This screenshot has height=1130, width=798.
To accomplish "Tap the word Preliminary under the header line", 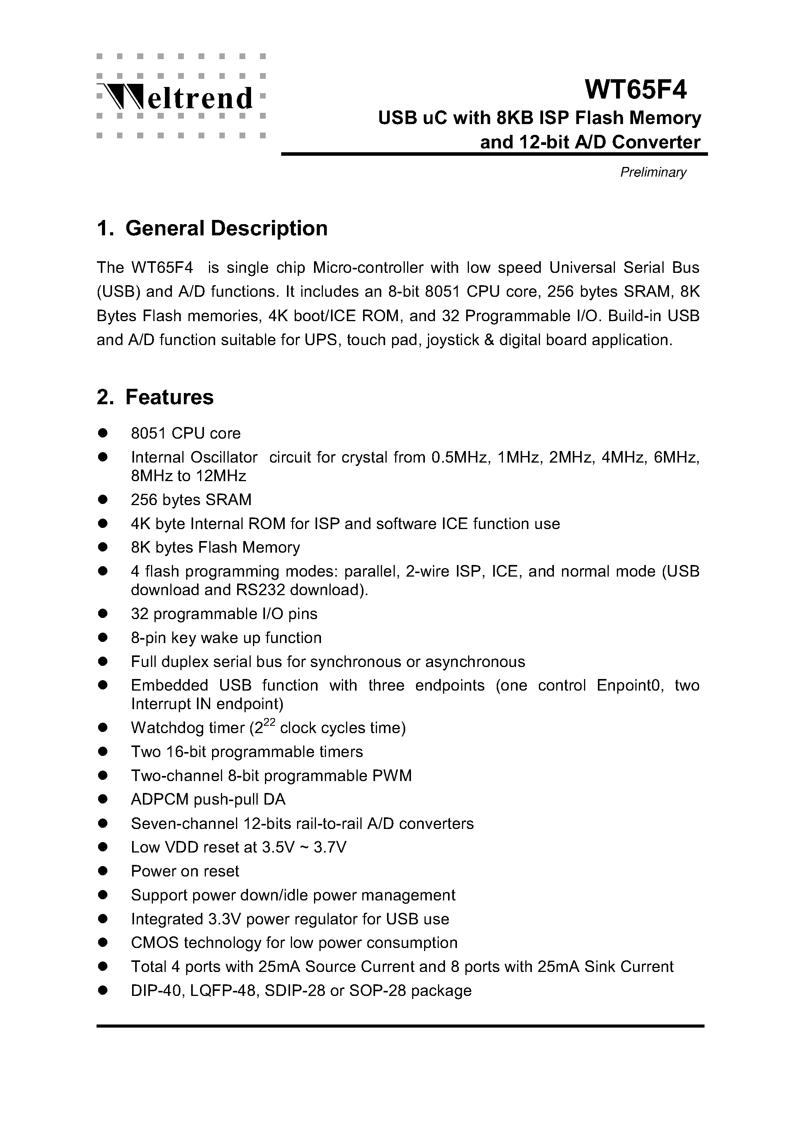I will [653, 172].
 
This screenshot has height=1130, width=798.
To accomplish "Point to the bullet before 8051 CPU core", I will [103, 433].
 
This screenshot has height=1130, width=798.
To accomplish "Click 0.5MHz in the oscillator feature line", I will [460, 458].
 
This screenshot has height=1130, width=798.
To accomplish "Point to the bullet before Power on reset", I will [103, 871].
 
